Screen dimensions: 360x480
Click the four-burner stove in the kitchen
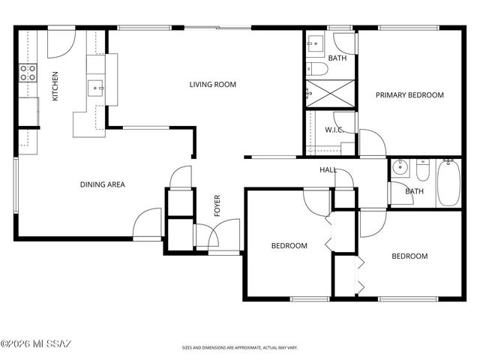point(28,73)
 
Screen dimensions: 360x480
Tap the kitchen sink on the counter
point(96,88)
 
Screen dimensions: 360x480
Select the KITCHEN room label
point(55,86)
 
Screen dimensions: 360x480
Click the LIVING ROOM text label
point(212,85)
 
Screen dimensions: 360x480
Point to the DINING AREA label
point(103,184)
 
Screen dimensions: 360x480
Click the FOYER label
point(217,205)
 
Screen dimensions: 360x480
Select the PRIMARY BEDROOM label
point(409,95)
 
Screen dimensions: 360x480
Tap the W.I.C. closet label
point(334,130)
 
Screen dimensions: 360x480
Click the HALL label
point(328,170)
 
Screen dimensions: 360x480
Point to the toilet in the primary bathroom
point(316,70)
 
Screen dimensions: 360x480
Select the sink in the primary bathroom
point(314,43)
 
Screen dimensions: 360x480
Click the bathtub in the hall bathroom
point(449,182)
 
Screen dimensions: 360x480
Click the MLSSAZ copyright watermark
point(35,344)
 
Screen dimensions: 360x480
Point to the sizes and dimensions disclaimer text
point(240,348)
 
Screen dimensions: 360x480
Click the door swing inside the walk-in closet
point(343,121)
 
